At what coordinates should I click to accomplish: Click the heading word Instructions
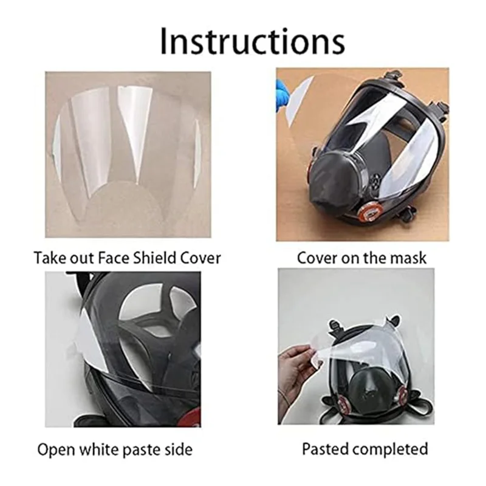pos(252,41)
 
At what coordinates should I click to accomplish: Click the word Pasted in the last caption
pos(327,450)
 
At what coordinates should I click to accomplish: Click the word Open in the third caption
pos(56,450)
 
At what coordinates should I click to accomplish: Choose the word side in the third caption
pos(180,450)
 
